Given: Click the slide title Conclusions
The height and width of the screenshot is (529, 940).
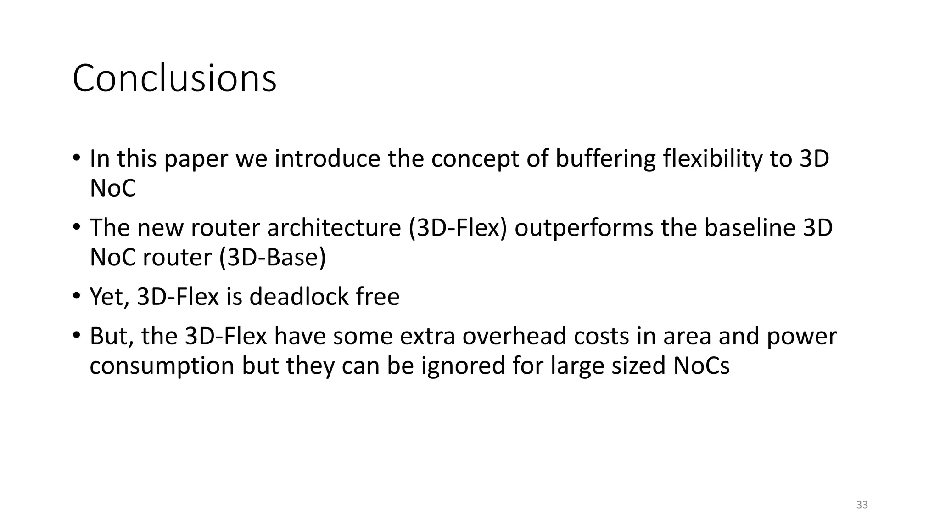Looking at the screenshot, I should click(x=174, y=79).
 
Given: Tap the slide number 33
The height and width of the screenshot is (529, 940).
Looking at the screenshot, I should click(x=862, y=505).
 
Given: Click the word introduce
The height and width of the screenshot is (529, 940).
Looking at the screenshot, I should click(x=327, y=158).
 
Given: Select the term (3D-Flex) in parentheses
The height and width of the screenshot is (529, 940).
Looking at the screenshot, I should click(x=458, y=228).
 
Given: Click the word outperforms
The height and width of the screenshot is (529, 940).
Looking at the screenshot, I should click(x=583, y=229).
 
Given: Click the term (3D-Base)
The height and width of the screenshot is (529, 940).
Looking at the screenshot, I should click(x=272, y=257).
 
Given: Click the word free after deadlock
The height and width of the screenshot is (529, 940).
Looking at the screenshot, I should click(x=378, y=297).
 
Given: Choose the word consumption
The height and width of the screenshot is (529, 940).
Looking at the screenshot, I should click(x=162, y=366).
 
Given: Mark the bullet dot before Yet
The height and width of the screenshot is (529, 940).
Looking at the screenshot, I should click(x=76, y=296).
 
